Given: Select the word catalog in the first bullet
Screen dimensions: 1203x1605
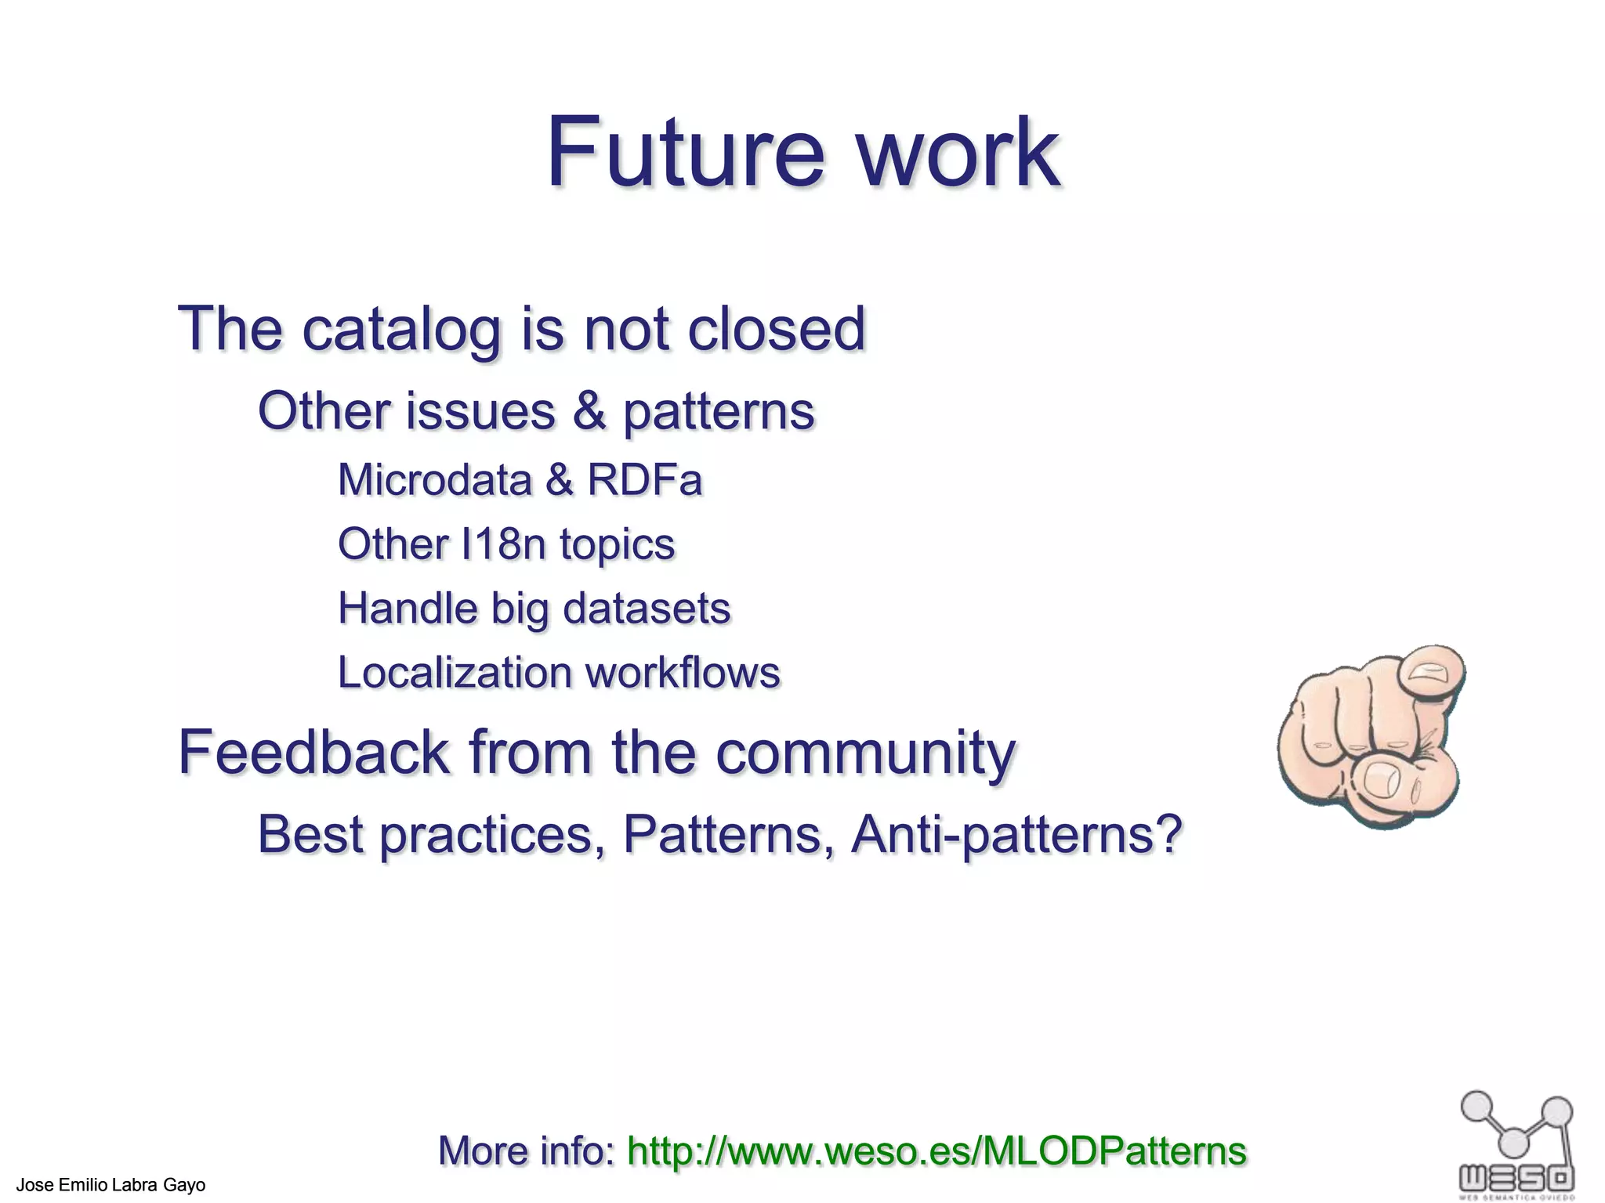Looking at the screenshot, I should tap(401, 330).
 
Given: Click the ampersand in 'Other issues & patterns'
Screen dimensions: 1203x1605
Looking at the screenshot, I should tap(589, 411).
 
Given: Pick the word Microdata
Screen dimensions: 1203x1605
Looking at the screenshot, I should tap(434, 479).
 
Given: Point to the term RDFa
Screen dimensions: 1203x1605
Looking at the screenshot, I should tap(644, 479).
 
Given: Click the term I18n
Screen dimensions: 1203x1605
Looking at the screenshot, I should tap(502, 544).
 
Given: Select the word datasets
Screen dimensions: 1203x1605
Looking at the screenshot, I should tap(647, 609).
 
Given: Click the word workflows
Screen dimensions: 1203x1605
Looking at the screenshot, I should tap(683, 673).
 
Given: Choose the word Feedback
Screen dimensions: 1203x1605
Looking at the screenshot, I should tap(313, 753).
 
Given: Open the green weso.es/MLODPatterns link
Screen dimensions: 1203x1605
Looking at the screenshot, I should tap(937, 1151).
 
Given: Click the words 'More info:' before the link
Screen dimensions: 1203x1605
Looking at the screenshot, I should tap(527, 1151).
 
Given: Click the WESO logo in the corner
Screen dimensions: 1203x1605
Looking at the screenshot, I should tap(1516, 1143).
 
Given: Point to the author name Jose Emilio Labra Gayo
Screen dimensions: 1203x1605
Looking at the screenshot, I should tap(111, 1185).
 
